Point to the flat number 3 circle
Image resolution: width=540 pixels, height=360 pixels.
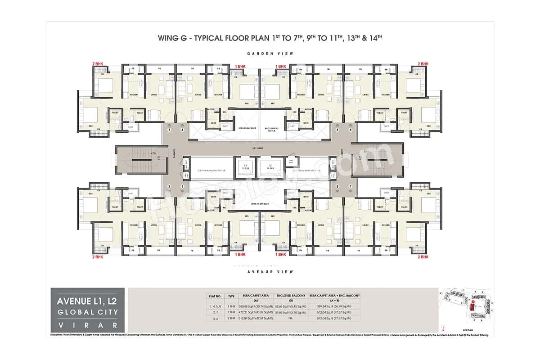[170, 130]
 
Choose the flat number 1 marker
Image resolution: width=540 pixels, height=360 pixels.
[182, 186]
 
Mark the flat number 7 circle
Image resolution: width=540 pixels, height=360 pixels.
[350, 186]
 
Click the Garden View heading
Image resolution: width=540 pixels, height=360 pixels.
[270, 54]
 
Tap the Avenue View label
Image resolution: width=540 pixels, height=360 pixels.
[270, 272]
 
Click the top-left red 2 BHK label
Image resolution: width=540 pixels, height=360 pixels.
[98, 64]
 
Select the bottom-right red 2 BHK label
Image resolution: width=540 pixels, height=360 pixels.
[424, 256]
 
